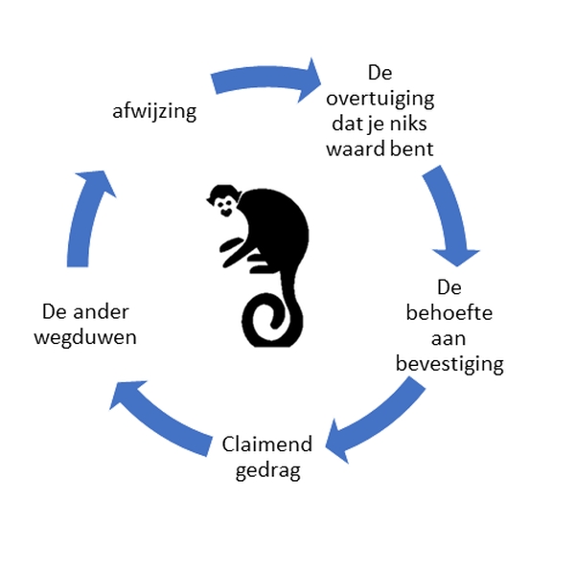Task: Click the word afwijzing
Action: coord(154,112)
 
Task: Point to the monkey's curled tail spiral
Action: coord(270,320)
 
